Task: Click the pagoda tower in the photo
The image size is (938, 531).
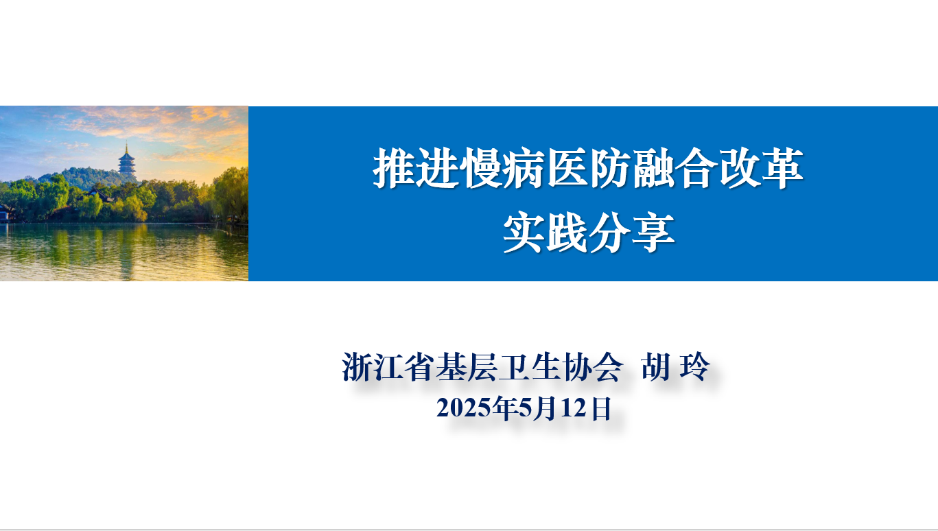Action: pos(126,161)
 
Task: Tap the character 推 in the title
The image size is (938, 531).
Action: pos(394,167)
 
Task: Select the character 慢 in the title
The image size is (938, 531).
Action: pos(481,167)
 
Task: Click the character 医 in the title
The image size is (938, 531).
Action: pos(567,167)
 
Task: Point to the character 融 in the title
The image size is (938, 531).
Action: pos(653,167)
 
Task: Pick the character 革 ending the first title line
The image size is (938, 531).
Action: pos(782,167)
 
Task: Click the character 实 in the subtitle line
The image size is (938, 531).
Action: pos(524,232)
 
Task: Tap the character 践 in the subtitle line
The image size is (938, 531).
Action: pos(567,232)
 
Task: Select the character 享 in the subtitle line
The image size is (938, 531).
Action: pos(653,232)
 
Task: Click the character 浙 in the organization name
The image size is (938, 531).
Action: pos(357,367)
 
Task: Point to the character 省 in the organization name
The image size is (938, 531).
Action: pos(419,367)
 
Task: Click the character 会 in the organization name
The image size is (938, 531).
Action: pos(608,367)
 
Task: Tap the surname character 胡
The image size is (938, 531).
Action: pos(656,367)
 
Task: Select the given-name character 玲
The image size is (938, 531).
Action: pos(694,367)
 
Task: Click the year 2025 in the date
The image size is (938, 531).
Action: pos(464,408)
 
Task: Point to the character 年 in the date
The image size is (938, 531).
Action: pos(505,408)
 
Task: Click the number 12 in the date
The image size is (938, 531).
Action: pos(573,408)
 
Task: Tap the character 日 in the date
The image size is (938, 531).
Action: pos(602,408)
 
